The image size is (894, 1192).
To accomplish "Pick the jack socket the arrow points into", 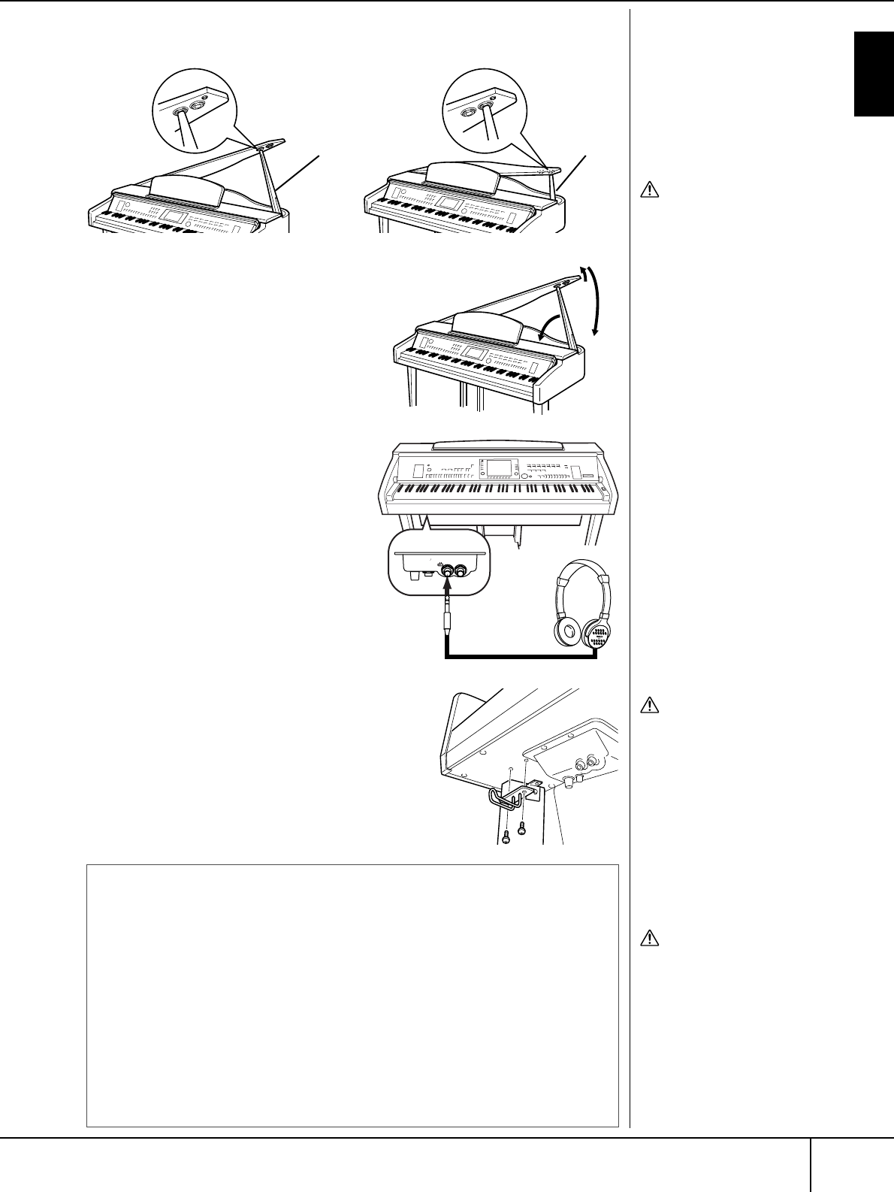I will [449, 570].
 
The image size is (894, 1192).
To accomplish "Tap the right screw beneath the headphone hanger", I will [522, 830].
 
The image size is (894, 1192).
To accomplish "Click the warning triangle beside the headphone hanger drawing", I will [649, 706].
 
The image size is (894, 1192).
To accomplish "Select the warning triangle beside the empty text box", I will [649, 938].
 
